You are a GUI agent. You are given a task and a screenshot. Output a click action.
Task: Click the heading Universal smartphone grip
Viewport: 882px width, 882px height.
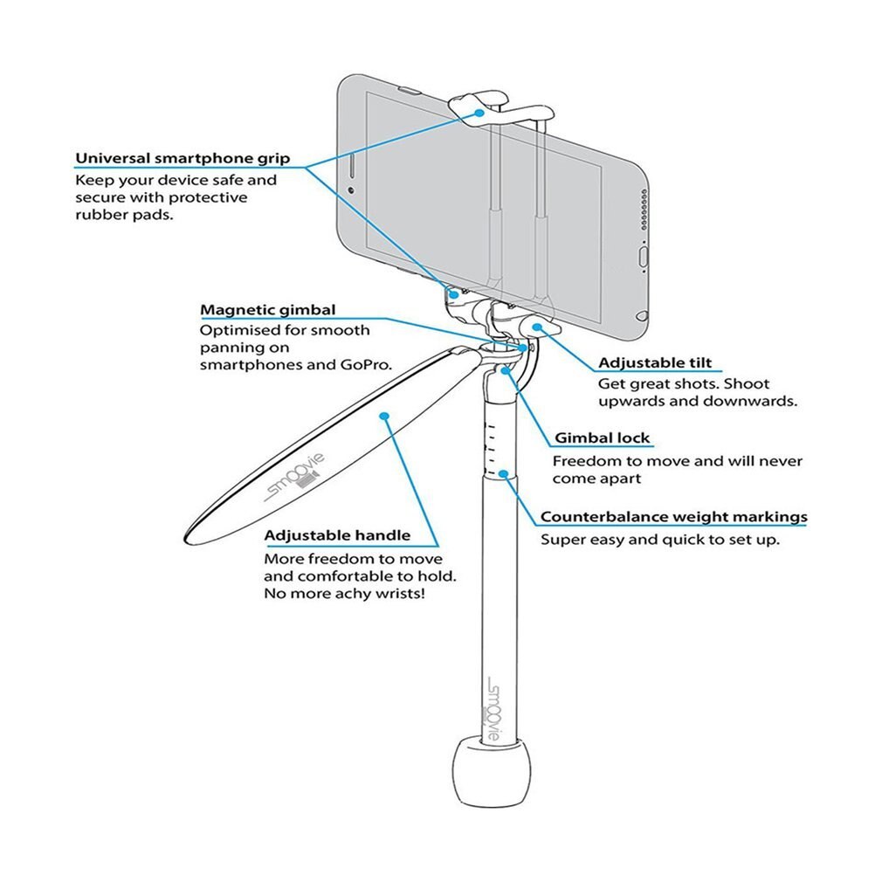coord(182,159)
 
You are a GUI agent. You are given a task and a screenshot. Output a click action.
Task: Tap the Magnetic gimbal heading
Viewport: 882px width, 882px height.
coord(268,310)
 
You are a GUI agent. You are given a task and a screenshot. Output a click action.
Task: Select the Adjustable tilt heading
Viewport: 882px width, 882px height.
coord(655,363)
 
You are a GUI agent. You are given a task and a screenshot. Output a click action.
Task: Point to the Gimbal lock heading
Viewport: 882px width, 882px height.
coord(603,438)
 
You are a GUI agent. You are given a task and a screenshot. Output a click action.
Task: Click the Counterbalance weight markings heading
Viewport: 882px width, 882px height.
coord(673,517)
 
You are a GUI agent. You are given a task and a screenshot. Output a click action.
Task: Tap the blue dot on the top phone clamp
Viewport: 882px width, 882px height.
coord(479,113)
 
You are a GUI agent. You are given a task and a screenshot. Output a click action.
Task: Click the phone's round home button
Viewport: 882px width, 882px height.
coord(644,256)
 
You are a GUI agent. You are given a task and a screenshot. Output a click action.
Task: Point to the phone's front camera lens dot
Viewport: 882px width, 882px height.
coord(351,190)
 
